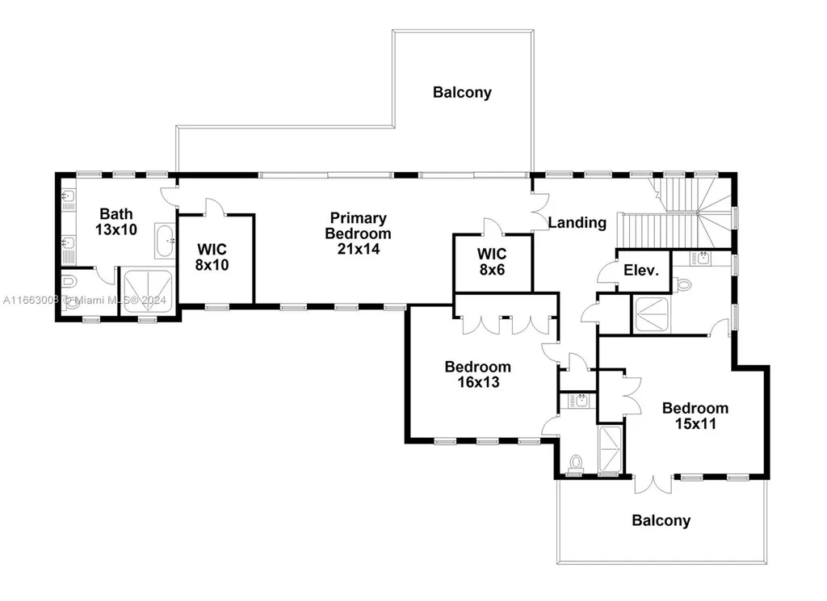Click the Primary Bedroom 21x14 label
click(358, 233)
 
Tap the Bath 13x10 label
click(116, 221)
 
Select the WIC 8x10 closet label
click(212, 257)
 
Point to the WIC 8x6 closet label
click(492, 262)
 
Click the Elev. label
click(641, 271)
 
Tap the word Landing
click(577, 223)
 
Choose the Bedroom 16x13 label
click(478, 374)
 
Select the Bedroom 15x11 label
click(695, 415)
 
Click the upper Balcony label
click(462, 92)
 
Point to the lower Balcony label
click(661, 521)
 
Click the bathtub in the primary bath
click(165, 242)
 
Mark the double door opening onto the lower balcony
click(653, 485)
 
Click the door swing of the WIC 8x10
click(215, 207)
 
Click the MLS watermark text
click(85, 300)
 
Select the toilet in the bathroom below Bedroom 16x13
click(576, 464)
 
